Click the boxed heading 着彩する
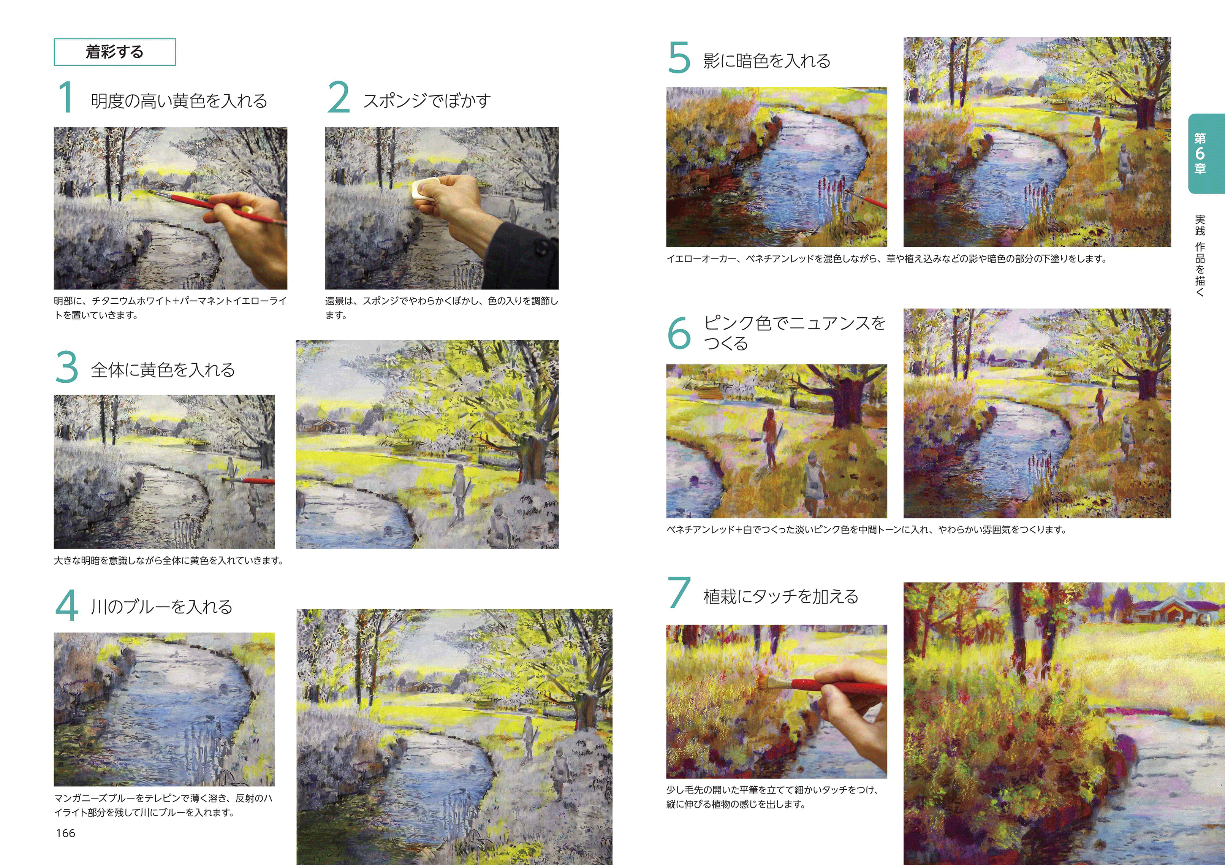pyautogui.click(x=115, y=52)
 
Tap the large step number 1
pyautogui.click(x=66, y=97)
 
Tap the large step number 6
pyautogui.click(x=679, y=333)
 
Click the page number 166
pyautogui.click(x=66, y=833)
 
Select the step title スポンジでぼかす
pyautogui.click(x=426, y=100)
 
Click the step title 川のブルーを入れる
pyautogui.click(x=161, y=607)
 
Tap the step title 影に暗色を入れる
pyautogui.click(x=767, y=61)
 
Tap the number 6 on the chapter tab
pyautogui.click(x=1200, y=154)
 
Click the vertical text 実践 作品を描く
pyautogui.click(x=1200, y=255)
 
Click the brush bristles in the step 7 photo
pyautogui.click(x=766, y=683)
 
